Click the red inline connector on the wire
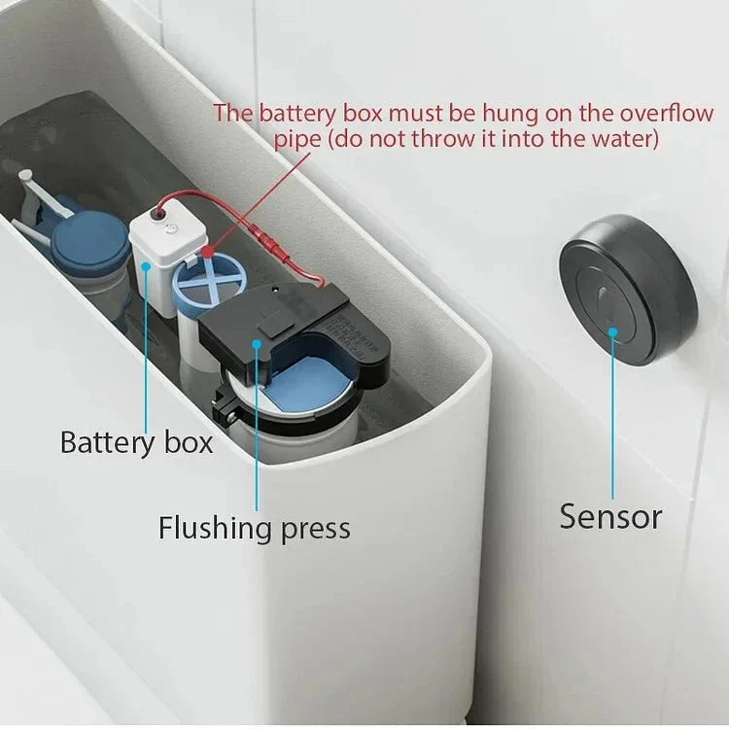tap(264, 237)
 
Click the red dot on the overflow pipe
tap(206, 253)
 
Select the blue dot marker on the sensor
tap(613, 331)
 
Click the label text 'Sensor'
tap(610, 516)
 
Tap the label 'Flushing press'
tap(255, 528)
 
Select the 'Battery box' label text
tap(136, 442)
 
